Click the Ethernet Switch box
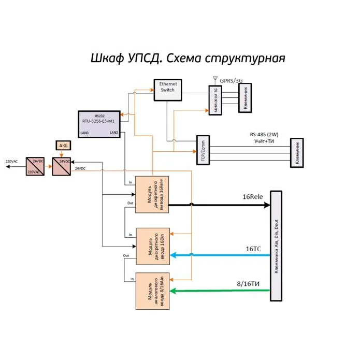(x=168, y=89)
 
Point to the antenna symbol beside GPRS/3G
(x=215, y=80)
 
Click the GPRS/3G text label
(x=231, y=80)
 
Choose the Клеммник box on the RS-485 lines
(x=297, y=153)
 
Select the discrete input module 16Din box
(x=152, y=246)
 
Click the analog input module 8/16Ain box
(x=152, y=291)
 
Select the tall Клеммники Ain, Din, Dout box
(x=276, y=246)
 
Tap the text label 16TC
(x=253, y=249)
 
